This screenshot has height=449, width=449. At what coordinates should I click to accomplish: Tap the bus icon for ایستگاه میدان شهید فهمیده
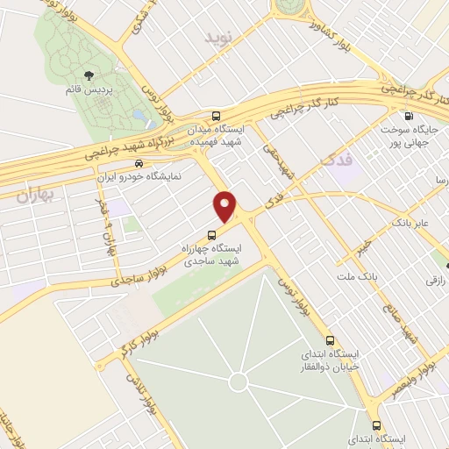tap(217, 116)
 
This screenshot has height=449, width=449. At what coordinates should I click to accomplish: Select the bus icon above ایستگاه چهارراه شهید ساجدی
tap(211, 234)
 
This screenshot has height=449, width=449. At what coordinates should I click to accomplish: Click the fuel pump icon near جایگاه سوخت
tap(409, 116)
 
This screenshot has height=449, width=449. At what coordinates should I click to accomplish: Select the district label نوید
tap(216, 38)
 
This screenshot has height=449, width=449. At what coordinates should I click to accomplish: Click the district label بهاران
tap(35, 196)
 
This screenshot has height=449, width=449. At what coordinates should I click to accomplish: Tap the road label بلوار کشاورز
tap(339, 34)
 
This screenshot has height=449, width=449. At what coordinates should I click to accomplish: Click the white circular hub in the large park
tap(237, 381)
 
